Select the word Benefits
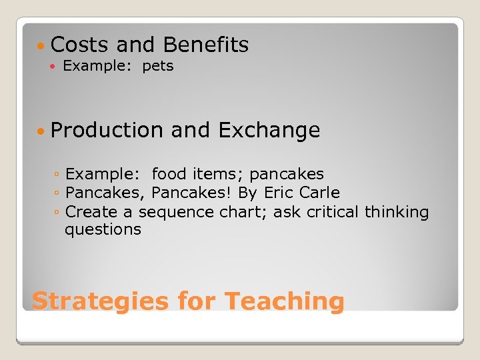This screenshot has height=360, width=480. click(205, 45)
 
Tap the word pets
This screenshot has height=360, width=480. click(158, 66)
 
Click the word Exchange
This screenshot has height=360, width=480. click(269, 131)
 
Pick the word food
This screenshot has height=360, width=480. click(170, 175)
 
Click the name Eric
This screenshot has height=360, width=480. click(278, 193)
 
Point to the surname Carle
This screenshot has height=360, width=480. click(320, 193)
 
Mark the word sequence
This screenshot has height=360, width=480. click(177, 213)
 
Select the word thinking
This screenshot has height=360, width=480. click(398, 212)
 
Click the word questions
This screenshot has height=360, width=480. click(103, 230)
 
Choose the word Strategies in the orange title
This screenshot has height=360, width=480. click(100, 301)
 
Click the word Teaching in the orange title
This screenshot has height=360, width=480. click(284, 301)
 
